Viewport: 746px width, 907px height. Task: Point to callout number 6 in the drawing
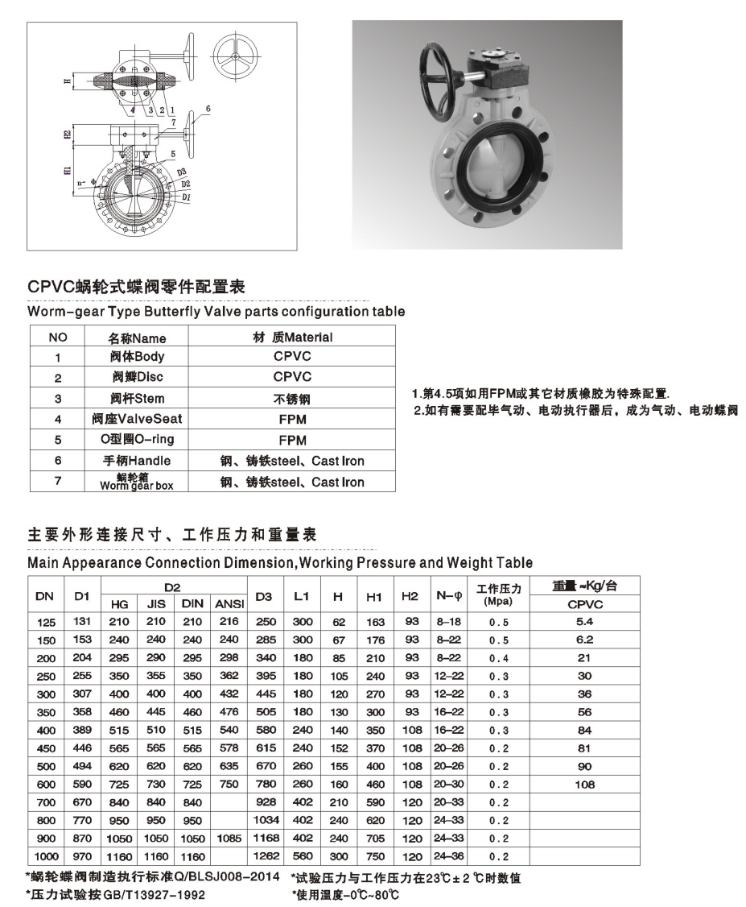coord(207,108)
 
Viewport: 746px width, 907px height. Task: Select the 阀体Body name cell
coord(137,357)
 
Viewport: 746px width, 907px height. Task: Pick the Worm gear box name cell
coord(137,482)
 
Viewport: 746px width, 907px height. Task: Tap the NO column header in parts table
coord(58,338)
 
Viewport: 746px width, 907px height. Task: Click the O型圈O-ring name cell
coord(137,440)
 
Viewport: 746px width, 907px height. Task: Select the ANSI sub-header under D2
coord(229,603)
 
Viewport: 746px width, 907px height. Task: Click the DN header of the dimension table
coord(45,595)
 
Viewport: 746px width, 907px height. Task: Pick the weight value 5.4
coord(585,622)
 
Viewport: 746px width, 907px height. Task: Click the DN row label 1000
coord(46,856)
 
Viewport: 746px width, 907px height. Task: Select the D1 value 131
coord(81,622)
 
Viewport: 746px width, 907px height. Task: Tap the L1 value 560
coord(302,856)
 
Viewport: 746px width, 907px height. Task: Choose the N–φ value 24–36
coord(448,856)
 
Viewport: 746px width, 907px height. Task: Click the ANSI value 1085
coord(229,839)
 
